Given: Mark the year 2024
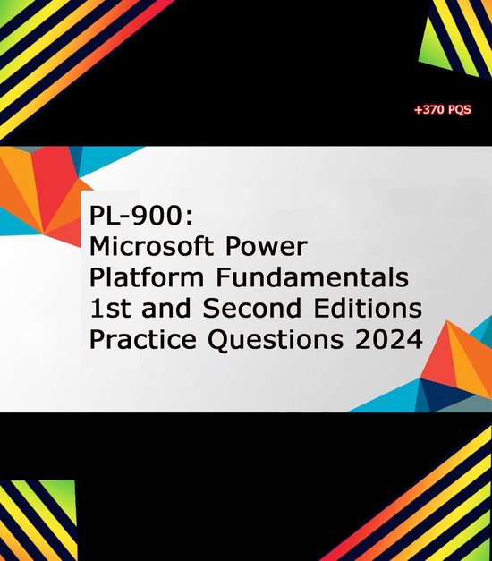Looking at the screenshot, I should point(390,340).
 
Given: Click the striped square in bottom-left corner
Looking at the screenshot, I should point(38,519).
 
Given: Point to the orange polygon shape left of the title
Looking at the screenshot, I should point(40,192).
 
